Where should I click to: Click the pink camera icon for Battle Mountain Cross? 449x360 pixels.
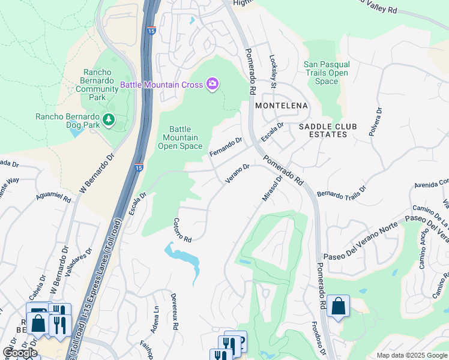212,84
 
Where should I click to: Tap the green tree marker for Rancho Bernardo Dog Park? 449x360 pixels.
109,120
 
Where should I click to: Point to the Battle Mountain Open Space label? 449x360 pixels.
180,137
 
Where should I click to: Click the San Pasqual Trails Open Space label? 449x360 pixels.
326,73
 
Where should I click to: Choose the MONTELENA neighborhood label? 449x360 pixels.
281,106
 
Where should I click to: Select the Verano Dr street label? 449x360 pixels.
237,173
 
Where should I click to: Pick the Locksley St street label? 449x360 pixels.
273,72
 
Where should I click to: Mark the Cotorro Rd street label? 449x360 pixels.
182,230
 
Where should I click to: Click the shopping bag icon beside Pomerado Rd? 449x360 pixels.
339,305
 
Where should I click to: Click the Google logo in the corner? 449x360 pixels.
20,352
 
